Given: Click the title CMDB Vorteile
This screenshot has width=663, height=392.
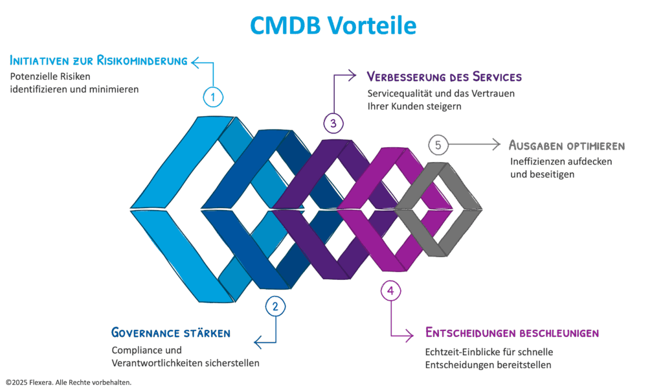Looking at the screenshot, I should tap(332, 25).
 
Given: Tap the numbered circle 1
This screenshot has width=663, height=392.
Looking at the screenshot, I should tap(213, 97).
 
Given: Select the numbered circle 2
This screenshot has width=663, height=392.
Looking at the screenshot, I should tap(275, 306).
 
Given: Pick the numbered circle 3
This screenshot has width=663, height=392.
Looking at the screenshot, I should tap(333, 122).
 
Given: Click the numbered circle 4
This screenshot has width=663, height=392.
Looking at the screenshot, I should tap(390, 292).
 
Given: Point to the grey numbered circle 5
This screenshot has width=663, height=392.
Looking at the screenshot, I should tap(438, 144).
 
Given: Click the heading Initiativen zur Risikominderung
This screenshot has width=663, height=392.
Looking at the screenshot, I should tap(98, 62).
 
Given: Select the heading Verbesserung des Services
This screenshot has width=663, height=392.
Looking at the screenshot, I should tap(444, 76).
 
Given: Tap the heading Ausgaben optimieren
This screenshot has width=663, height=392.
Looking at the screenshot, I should tap(567, 145).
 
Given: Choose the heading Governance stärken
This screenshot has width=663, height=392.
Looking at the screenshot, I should tap(171, 333).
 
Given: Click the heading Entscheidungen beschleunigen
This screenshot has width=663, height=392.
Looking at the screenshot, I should tap(511, 333).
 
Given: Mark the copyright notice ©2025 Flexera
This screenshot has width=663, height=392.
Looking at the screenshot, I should tap(69, 383).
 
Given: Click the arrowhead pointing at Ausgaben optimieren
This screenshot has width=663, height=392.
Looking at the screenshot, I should tap(497, 144).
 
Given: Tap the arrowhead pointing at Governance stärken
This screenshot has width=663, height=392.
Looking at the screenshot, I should tap(258, 341).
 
